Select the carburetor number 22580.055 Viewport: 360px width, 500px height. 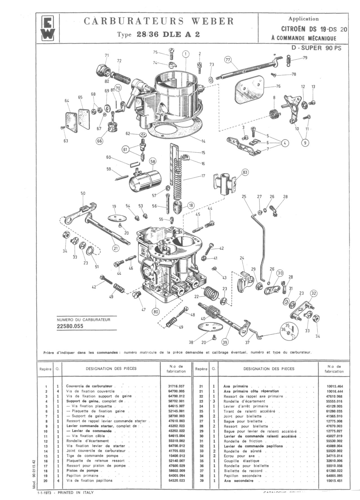(x=70, y=326)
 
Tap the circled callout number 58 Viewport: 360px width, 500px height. (x=152, y=162)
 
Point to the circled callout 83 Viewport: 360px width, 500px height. (x=245, y=172)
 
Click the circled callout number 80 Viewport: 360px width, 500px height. (x=155, y=311)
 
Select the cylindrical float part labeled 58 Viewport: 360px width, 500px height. (x=145, y=180)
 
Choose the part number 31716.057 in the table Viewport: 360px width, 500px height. (x=176, y=386)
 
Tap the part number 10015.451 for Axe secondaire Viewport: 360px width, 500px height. (x=334, y=481)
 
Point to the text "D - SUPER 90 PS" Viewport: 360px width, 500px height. (x=316, y=48)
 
